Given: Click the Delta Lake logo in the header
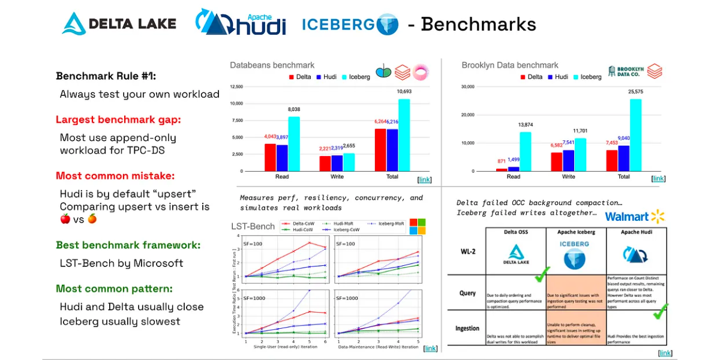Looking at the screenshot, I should pyautogui.click(x=119, y=24).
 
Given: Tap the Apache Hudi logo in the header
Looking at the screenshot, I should pyautogui.click(x=240, y=24).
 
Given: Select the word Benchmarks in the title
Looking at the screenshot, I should pyautogui.click(x=478, y=24).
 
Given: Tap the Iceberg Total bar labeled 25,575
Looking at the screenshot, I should pyautogui.click(x=635, y=135).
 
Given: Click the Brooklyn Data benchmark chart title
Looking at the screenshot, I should pyautogui.click(x=509, y=65).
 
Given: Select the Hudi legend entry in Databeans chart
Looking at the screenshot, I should pyautogui.click(x=327, y=77).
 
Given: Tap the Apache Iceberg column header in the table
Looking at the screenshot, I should pyautogui.click(x=575, y=232).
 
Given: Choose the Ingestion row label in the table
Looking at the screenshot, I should pyautogui.click(x=467, y=328).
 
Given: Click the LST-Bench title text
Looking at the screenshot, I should pyautogui.click(x=253, y=226).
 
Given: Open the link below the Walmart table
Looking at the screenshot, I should pyautogui.click(x=664, y=353).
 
